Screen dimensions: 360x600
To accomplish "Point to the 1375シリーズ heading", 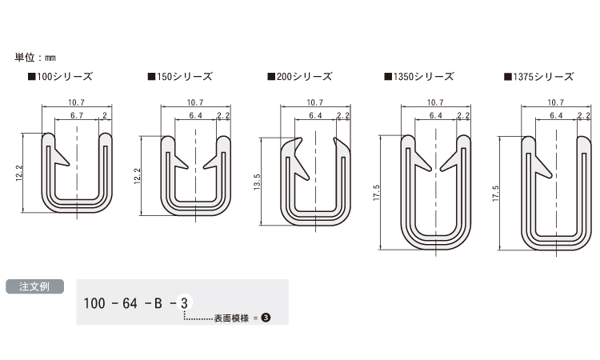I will point(538,78).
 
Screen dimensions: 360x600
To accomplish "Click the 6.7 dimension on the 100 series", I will point(78,117).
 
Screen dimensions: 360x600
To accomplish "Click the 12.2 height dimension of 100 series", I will point(18,174).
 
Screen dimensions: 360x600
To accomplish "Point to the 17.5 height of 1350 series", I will point(377,192).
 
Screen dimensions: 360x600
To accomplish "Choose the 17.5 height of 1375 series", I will point(497,192).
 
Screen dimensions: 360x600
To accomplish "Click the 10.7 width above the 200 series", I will point(314,102).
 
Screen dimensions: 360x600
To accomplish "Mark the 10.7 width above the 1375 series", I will point(554,102).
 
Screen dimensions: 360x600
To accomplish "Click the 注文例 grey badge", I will point(35,286).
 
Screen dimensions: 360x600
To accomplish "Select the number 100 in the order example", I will point(95,303).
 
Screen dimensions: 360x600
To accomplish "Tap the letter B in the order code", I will point(159,303).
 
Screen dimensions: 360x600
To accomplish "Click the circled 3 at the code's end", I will point(184,302).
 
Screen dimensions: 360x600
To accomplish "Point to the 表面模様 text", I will point(232,318).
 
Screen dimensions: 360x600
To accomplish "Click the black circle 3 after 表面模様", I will point(266,318).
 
